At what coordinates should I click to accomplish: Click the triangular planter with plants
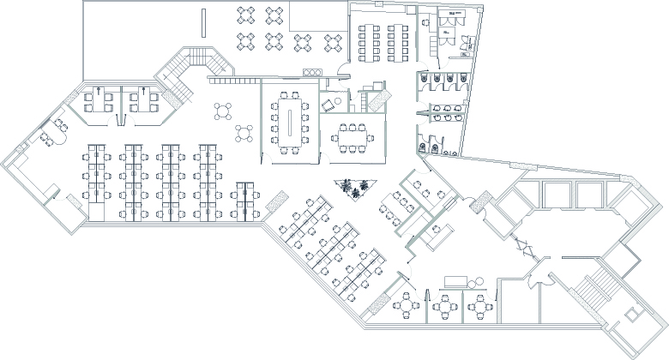(354, 188)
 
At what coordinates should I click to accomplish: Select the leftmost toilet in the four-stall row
(429, 78)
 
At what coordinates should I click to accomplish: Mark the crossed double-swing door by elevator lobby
(522, 248)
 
